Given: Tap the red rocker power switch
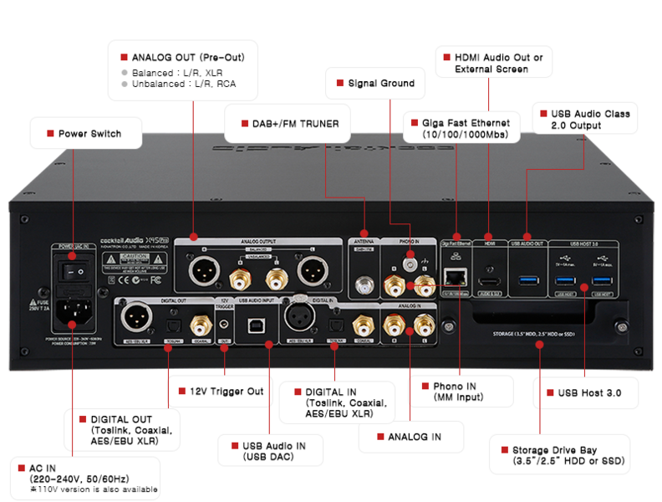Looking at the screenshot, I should pos(71,272).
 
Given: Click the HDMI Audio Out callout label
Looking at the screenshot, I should pos(492,64).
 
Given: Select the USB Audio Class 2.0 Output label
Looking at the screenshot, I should pos(584,119).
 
